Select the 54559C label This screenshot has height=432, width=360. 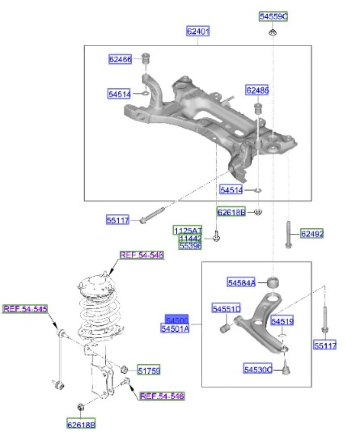pyautogui.click(x=273, y=17)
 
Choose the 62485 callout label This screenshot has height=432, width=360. pyautogui.click(x=257, y=91)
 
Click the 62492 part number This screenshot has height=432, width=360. pyautogui.click(x=312, y=234)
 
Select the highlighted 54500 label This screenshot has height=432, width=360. pyautogui.click(x=177, y=320)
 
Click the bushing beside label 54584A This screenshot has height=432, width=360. pyautogui.click(x=273, y=282)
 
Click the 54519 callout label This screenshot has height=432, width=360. pyautogui.click(x=282, y=321)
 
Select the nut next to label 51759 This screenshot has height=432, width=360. pyautogui.click(x=123, y=369)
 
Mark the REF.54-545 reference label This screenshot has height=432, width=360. pyautogui.click(x=25, y=308)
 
